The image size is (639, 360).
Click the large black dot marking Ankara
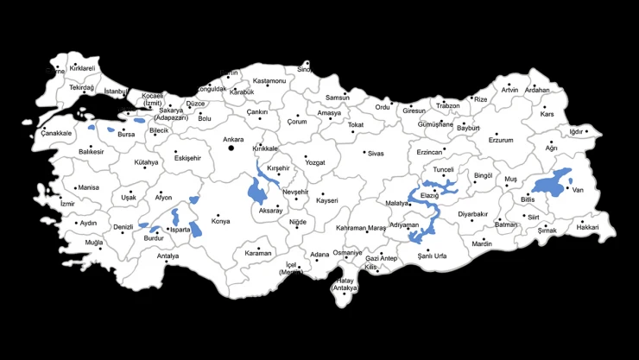[231, 148]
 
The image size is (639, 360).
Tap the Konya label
[221, 222]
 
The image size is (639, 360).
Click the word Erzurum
[500, 140]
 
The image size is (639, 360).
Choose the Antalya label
[168, 256]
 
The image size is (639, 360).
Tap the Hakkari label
[587, 227]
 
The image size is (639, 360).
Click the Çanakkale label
[56, 133]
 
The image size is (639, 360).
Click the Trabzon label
[447, 105]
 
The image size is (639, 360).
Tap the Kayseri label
[326, 200]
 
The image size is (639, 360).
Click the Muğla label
[93, 243]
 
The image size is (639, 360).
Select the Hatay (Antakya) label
[346, 284]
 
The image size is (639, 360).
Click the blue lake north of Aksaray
[257, 189]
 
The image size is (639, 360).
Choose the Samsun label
[338, 98]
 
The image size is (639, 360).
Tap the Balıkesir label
[91, 151]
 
